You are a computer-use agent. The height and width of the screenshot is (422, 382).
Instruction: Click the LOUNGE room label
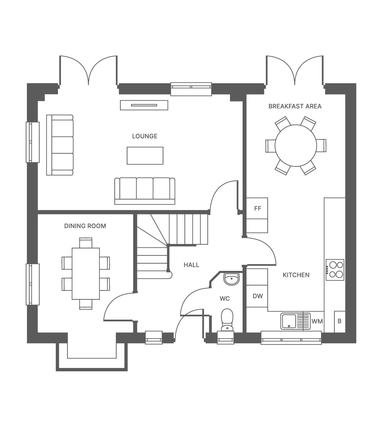click(x=145, y=136)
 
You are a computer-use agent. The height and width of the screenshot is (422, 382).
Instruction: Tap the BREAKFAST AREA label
click(x=295, y=106)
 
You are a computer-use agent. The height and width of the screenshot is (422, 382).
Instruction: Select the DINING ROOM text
click(x=85, y=226)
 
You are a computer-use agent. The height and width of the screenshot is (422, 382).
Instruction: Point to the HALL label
click(x=191, y=265)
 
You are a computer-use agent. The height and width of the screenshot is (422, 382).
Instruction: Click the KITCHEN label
click(x=296, y=275)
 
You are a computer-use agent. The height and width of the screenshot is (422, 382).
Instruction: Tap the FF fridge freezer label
click(x=258, y=209)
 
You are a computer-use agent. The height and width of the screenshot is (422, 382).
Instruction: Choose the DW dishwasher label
click(x=258, y=296)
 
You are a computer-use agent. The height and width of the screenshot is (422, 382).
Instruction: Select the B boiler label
click(x=339, y=321)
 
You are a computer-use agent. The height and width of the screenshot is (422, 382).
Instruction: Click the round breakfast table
click(x=296, y=146)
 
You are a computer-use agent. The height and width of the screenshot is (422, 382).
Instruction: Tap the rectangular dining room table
click(x=86, y=274)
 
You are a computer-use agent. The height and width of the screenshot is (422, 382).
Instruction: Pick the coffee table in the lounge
click(x=145, y=156)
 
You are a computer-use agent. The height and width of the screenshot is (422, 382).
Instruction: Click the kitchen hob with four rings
click(x=335, y=270)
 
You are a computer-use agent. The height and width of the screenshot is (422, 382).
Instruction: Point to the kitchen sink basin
click(x=289, y=321)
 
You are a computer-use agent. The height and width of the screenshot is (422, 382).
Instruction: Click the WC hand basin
click(x=231, y=279)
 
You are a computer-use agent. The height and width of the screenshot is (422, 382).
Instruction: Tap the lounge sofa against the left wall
click(x=60, y=145)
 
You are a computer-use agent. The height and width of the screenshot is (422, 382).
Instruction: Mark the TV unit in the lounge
click(x=144, y=105)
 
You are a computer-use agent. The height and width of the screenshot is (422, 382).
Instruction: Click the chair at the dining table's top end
click(x=86, y=243)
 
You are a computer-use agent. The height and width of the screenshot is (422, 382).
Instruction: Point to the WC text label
click(x=225, y=298)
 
